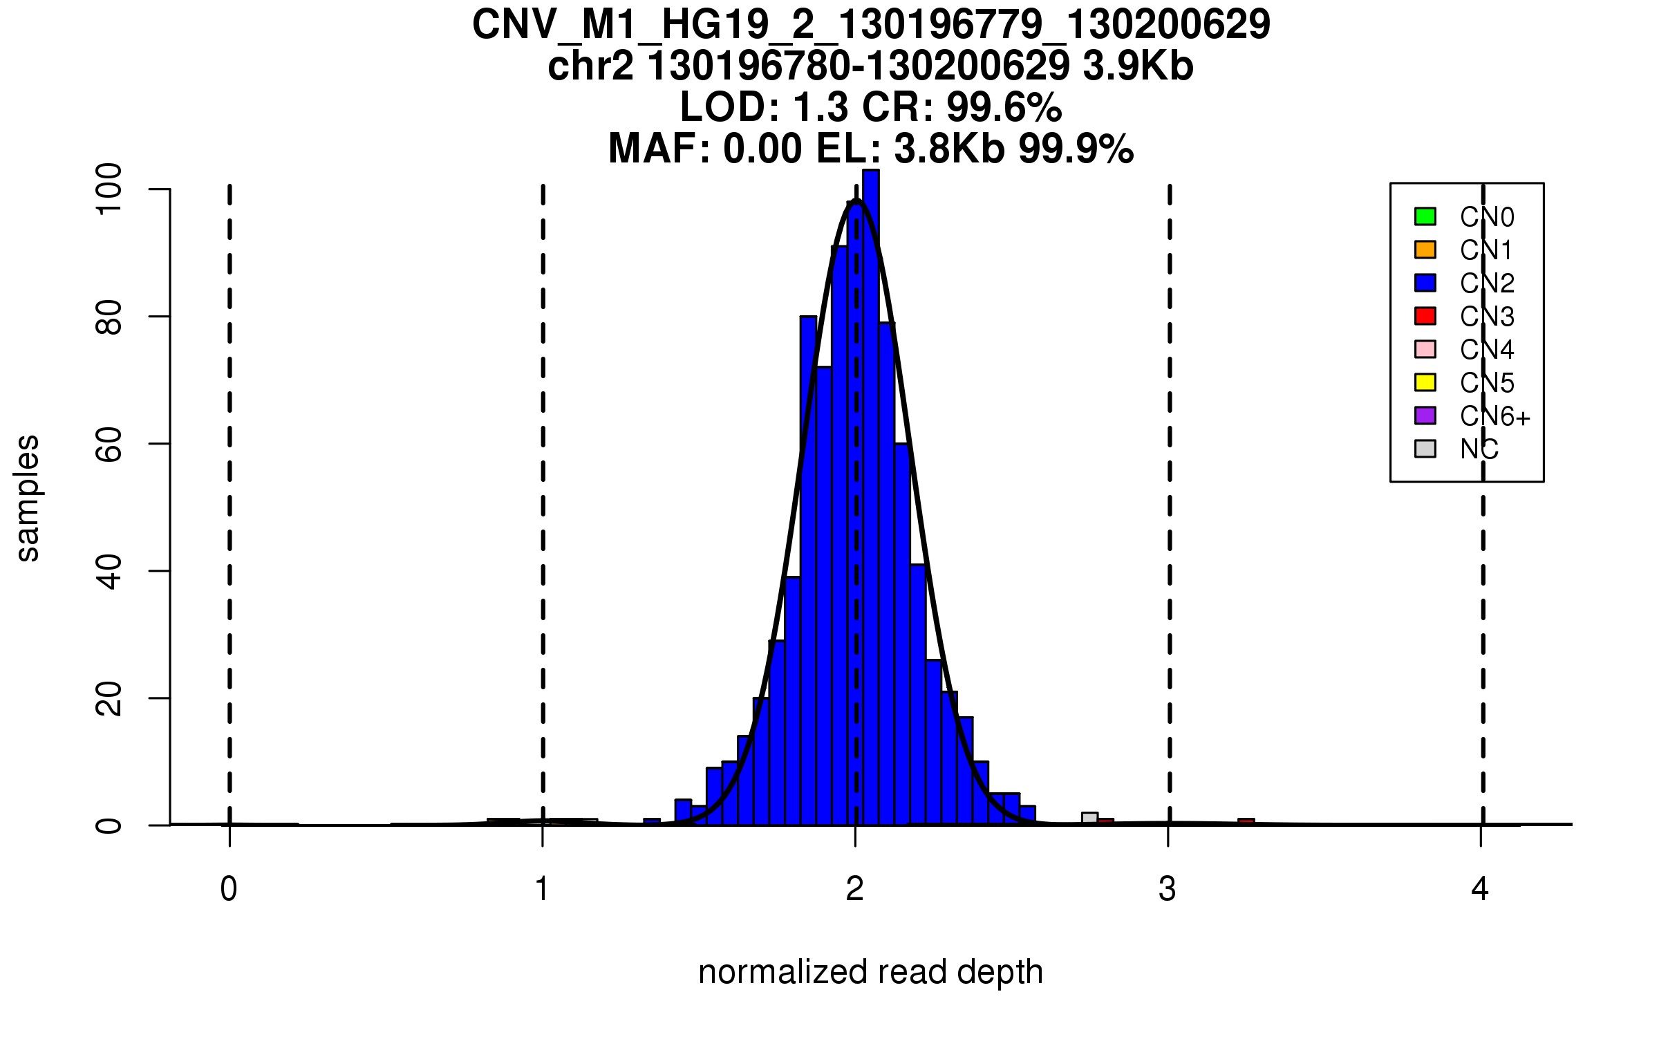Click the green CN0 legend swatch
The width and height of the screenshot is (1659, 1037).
click(x=1425, y=216)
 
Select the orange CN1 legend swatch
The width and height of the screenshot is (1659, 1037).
click(x=1425, y=250)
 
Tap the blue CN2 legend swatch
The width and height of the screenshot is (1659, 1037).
click(x=1425, y=283)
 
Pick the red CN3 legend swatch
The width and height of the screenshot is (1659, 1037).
click(x=1425, y=316)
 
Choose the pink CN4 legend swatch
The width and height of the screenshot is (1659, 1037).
click(x=1425, y=349)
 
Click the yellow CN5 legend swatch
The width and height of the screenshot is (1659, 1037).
click(x=1425, y=382)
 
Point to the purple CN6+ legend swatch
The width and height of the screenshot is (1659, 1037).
click(x=1425, y=415)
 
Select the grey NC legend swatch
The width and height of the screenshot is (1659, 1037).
click(x=1425, y=449)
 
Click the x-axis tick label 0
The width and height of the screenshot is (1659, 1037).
click(x=229, y=889)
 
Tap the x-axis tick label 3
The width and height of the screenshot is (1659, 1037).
click(x=1168, y=889)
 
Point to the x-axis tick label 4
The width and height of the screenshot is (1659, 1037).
click(x=1480, y=889)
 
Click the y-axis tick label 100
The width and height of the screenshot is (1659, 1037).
click(x=109, y=189)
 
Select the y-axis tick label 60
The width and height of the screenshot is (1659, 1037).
click(x=109, y=444)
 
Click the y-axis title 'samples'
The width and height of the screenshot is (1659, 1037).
click(x=28, y=498)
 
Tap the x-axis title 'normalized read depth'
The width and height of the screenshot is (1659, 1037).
click(x=870, y=972)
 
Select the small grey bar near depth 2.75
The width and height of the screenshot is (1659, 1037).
click(x=1089, y=819)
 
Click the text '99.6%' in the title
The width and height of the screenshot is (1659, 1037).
click(x=1004, y=108)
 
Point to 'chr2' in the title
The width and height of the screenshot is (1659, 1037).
click(x=590, y=67)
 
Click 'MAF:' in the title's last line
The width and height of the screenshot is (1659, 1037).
click(x=659, y=149)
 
